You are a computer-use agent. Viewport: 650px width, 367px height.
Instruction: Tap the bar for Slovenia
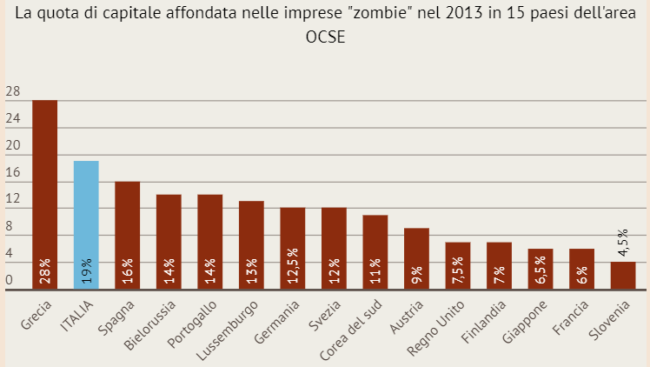pos(623,276)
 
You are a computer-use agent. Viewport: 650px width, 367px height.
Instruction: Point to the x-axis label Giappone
pos(527,321)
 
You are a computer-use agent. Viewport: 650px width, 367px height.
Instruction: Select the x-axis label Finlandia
pos(485,323)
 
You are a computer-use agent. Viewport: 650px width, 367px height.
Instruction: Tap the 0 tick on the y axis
pos(9,280)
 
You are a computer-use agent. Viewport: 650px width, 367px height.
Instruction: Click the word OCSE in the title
pos(324,37)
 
